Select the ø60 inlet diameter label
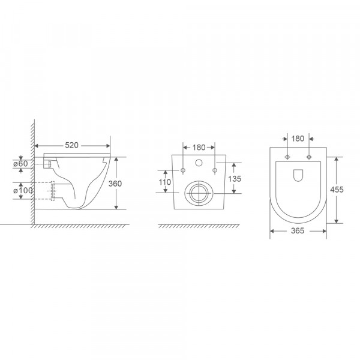(20, 164)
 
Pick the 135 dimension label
(235, 178)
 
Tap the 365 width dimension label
(298, 230)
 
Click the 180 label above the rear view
(198, 146)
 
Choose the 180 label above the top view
(298, 139)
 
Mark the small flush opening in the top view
(298, 175)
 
